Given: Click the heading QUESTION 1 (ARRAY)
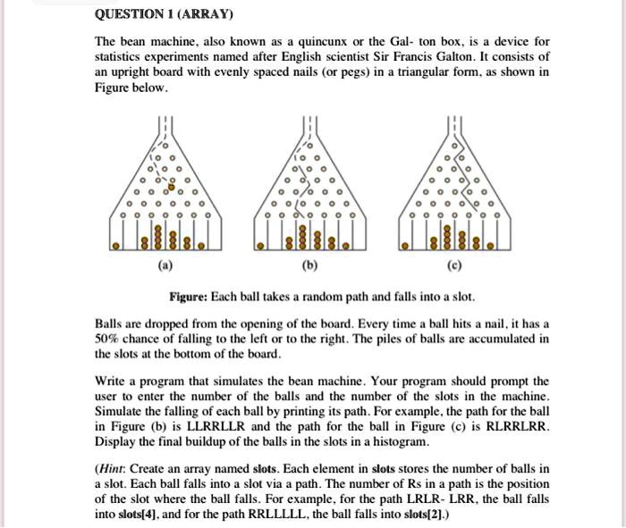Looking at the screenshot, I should (x=164, y=14).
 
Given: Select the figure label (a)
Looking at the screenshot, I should (x=166, y=266).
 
